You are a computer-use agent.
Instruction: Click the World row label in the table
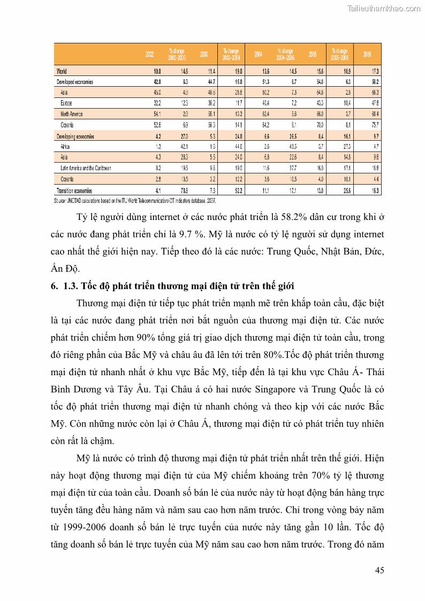(62, 71)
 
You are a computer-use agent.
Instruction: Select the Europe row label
(66, 103)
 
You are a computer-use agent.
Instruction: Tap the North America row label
(72, 114)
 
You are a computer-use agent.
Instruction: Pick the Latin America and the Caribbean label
(86, 169)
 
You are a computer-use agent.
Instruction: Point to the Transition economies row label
(74, 191)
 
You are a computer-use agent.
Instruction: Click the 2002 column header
(150, 54)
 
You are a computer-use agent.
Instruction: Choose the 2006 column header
(367, 54)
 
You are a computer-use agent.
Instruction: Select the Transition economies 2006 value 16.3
(375, 191)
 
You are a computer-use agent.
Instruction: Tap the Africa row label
(65, 147)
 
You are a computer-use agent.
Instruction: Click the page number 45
(379, 570)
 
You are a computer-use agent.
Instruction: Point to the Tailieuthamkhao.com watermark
(384, 8)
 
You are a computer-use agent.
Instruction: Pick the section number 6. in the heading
(54, 286)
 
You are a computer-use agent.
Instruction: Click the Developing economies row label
(75, 136)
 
